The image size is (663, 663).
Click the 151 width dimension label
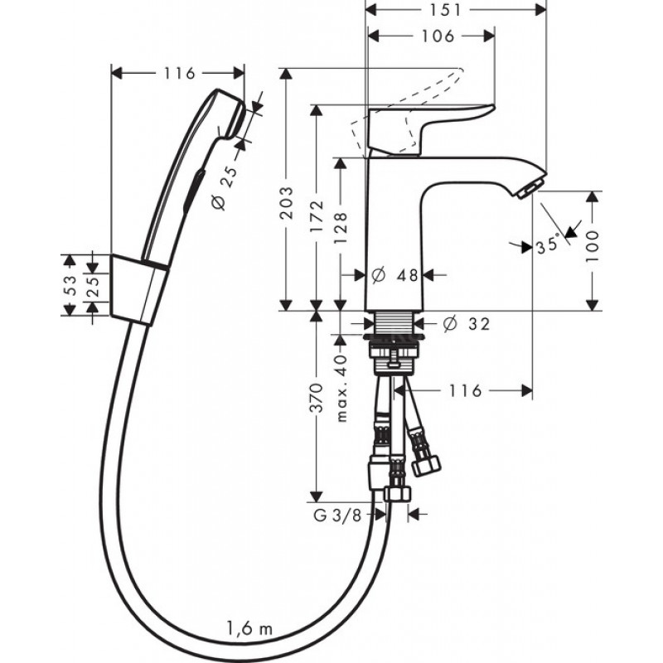pyautogui.click(x=445, y=10)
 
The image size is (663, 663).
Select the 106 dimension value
pyautogui.click(x=438, y=36)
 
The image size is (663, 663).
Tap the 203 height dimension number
pyautogui.click(x=287, y=203)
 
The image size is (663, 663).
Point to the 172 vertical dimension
pyautogui.click(x=317, y=216)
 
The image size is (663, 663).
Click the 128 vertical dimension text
pyautogui.click(x=341, y=229)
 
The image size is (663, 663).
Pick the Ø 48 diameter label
pyautogui.click(x=395, y=275)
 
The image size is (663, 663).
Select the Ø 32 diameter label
pyautogui.click(x=467, y=324)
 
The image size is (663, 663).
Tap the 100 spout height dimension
pyautogui.click(x=592, y=246)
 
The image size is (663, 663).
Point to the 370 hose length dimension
pyautogui.click(x=317, y=398)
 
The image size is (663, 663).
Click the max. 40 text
pyautogui.click(x=341, y=388)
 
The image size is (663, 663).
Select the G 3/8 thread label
pyautogui.click(x=338, y=515)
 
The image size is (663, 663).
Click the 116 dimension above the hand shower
pyautogui.click(x=179, y=73)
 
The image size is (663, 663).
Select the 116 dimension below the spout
pyautogui.click(x=465, y=390)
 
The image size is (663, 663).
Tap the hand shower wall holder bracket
pyautogui.click(x=138, y=290)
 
